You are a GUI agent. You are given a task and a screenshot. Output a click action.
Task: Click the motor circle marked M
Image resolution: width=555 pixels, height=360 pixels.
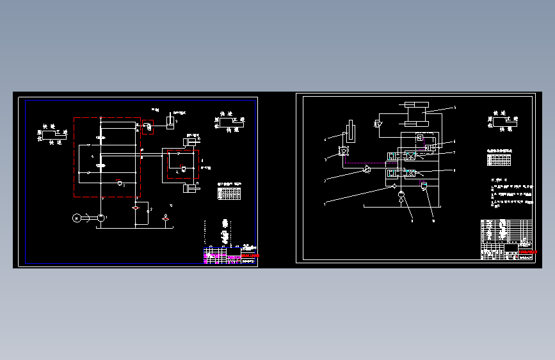click(78, 218)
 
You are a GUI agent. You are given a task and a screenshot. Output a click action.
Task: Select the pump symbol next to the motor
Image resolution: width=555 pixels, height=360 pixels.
click(101, 218)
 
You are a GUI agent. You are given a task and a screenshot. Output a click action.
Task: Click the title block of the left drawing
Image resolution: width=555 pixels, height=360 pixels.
click(230, 255)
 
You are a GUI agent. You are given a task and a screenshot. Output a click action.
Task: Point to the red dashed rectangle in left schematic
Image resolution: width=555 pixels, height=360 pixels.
click(181, 166)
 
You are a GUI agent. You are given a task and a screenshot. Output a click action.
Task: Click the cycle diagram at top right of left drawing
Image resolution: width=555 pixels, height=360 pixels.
click(229, 121)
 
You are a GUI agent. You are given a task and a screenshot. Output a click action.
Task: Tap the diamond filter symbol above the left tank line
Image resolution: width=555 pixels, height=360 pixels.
click(136, 208)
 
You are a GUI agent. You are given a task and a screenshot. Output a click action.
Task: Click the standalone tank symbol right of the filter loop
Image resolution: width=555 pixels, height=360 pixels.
click(166, 219)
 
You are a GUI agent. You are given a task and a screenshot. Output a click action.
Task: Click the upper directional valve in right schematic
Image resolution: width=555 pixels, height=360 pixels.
click(402, 156)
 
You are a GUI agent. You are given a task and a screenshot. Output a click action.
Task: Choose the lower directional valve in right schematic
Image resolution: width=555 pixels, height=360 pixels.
click(402, 173)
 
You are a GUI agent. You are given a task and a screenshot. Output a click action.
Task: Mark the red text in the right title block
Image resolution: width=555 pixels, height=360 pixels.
click(526, 253)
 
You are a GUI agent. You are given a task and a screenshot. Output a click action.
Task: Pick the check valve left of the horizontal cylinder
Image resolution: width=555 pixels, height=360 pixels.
click(378, 122)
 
